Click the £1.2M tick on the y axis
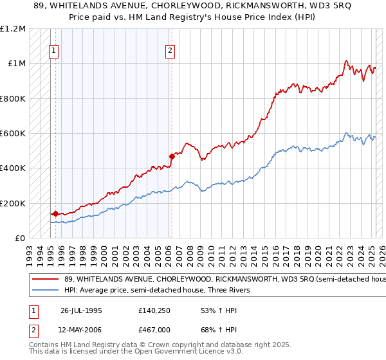click(x=14, y=29)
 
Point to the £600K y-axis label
click(x=13, y=134)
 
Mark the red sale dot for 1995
click(x=55, y=213)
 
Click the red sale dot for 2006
click(x=172, y=156)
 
